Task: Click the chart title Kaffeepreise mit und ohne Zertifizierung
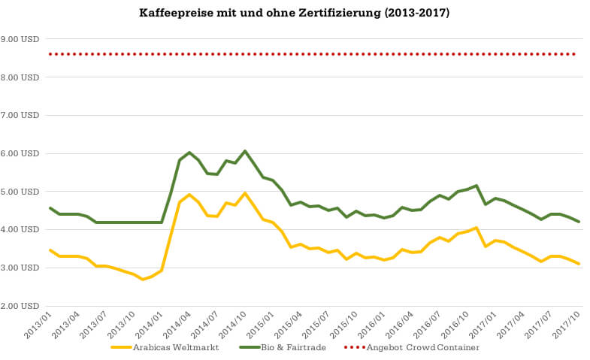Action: click(x=295, y=13)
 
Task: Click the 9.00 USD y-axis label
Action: click(x=21, y=39)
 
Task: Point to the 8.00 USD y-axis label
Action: click(x=21, y=77)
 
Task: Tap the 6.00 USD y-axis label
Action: click(x=21, y=154)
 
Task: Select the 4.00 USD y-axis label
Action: click(x=21, y=230)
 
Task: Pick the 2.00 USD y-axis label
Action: click(x=21, y=307)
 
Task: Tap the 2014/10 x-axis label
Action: click(x=234, y=325)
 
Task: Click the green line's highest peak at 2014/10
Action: click(x=245, y=151)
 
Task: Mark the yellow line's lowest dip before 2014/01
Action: click(x=143, y=280)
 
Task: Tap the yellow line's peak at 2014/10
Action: click(x=245, y=193)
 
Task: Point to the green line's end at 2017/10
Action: click(x=579, y=222)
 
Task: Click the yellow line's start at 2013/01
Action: click(x=50, y=250)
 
